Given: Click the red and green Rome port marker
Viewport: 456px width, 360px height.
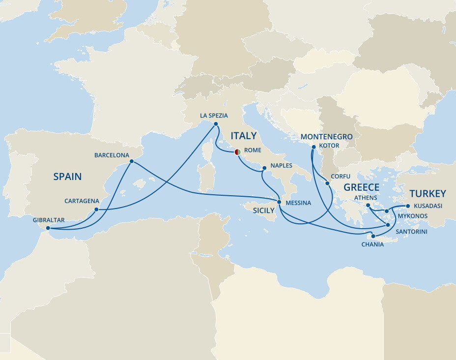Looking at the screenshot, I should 237,152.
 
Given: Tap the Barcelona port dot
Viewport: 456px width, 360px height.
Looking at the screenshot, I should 131,161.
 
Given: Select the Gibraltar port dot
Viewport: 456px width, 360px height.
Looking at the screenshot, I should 48,228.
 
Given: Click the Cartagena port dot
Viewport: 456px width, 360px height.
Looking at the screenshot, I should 97,210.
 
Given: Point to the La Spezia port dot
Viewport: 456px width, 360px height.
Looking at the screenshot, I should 216,124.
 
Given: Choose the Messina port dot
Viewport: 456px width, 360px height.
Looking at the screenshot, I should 279,202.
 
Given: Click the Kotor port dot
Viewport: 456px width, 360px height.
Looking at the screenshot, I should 313,146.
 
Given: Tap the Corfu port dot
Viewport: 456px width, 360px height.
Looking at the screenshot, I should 328,184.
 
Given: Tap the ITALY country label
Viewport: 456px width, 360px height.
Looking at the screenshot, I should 244,136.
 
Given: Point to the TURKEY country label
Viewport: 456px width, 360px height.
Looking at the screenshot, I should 427,193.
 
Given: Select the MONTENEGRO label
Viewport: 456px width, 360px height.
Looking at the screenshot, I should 327,137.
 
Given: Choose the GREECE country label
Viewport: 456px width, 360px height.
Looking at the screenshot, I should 361,187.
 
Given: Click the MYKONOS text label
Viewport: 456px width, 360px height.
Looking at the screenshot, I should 413,216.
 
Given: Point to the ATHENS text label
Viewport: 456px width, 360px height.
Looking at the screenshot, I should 365,198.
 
